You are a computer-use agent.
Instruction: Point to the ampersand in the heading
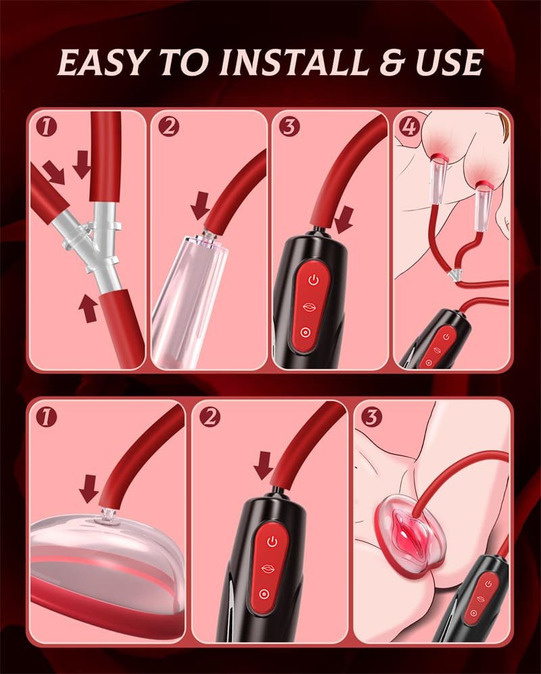click(x=392, y=63)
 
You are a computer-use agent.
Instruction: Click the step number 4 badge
click(x=408, y=127)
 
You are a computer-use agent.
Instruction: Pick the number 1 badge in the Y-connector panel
click(x=46, y=127)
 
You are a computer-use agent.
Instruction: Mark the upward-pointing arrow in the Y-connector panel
click(x=89, y=308)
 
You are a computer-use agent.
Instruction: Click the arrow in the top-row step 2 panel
click(x=200, y=206)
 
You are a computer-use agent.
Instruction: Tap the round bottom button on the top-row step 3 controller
click(x=306, y=332)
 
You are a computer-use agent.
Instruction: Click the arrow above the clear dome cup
click(x=89, y=489)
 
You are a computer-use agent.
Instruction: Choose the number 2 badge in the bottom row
click(x=210, y=417)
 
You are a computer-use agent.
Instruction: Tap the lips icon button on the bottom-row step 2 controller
click(x=268, y=568)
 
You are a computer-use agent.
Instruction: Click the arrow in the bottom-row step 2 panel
click(x=264, y=466)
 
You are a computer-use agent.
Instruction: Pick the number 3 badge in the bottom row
click(x=372, y=417)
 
